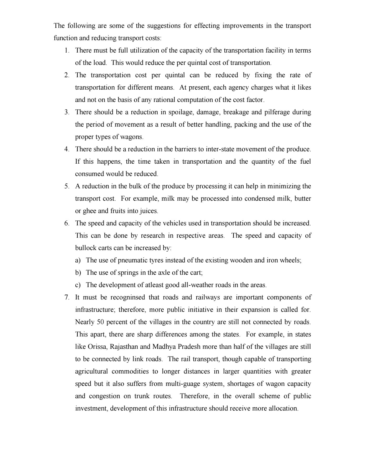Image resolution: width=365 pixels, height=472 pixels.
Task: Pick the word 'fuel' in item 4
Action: click(305, 162)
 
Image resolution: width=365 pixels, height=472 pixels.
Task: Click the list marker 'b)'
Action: click(78, 273)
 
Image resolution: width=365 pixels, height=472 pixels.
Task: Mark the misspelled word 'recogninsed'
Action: click(128, 297)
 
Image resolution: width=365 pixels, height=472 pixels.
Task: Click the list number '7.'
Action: click(67, 297)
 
